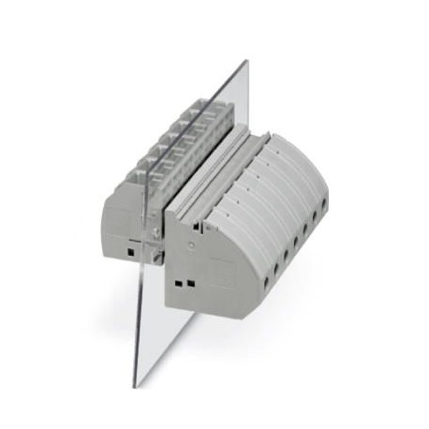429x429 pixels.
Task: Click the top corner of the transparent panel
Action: [247, 62]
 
